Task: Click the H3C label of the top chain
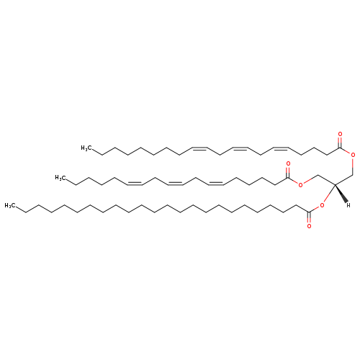86,148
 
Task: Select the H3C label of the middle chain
60,178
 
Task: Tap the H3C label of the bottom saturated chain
10,206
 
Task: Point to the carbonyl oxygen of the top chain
340,134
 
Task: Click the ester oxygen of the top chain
353,156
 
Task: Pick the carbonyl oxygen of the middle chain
288,163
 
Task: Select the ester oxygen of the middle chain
300,185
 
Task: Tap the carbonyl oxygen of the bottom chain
309,226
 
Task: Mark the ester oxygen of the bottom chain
322,205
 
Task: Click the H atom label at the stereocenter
348,204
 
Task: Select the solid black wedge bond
341,194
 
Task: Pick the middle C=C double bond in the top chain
240,148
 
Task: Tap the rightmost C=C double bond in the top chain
280,148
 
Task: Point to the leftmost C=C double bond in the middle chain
135,183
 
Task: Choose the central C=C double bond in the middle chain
175,183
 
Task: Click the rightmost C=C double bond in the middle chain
215,183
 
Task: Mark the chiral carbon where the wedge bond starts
335,184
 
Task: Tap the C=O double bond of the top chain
340,143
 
